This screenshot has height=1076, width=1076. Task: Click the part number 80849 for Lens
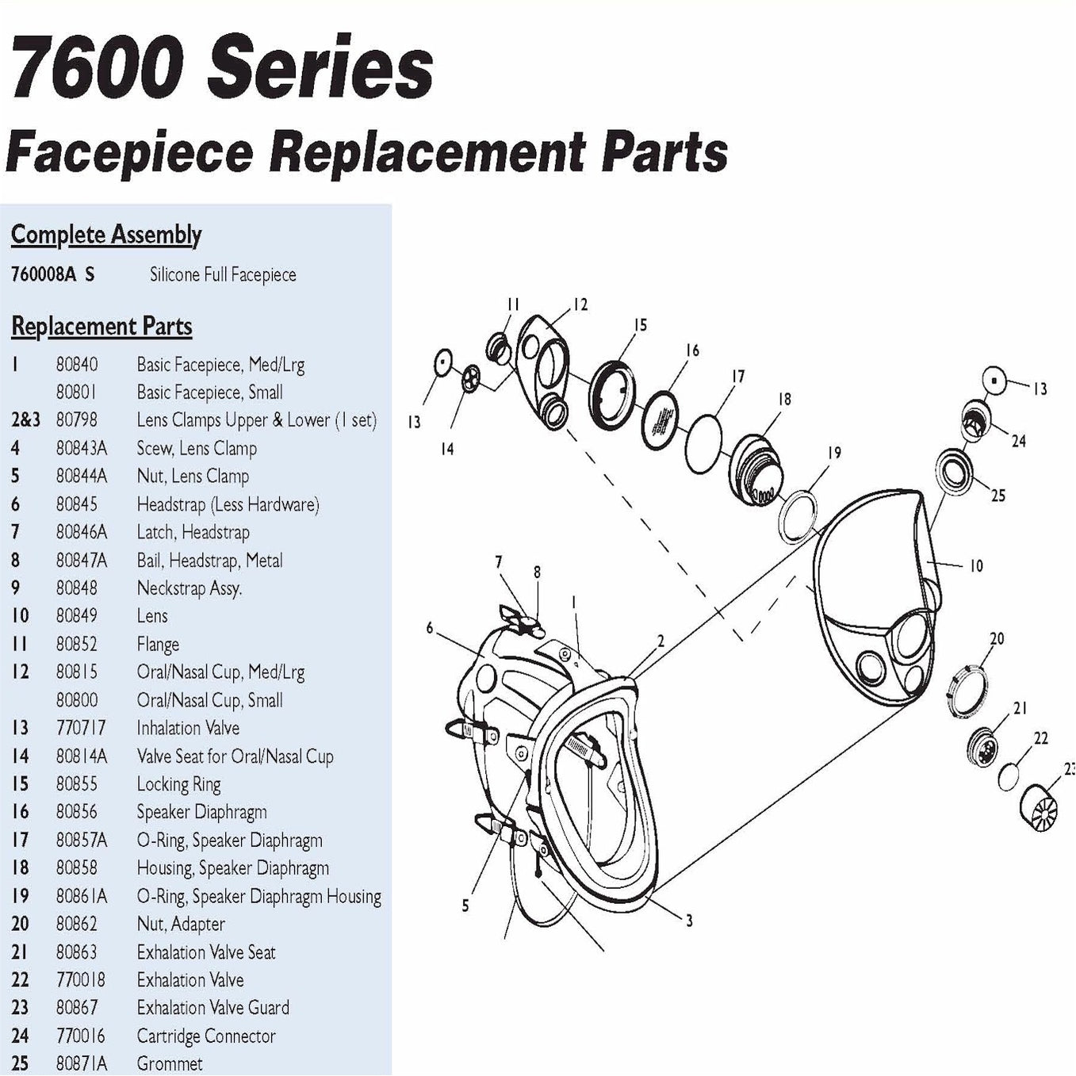pyautogui.click(x=77, y=616)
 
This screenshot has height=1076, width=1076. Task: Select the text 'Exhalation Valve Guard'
pyautogui.click(x=213, y=1008)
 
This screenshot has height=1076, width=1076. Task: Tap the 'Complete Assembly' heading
pyautogui.click(x=106, y=235)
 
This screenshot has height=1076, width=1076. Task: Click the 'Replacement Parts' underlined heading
pyautogui.click(x=101, y=327)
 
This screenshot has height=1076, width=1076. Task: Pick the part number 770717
pyautogui.click(x=81, y=728)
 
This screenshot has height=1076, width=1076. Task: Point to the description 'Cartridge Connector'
pyautogui.click(x=206, y=1036)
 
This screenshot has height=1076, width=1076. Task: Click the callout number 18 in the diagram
pyautogui.click(x=784, y=400)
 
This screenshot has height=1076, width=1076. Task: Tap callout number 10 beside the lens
pyautogui.click(x=976, y=565)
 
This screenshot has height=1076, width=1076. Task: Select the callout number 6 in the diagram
pyautogui.click(x=430, y=628)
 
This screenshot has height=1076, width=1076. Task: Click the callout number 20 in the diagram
pyautogui.click(x=997, y=638)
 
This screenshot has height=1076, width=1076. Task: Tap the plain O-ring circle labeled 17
pyautogui.click(x=704, y=446)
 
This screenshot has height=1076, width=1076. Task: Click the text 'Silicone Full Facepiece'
pyautogui.click(x=223, y=275)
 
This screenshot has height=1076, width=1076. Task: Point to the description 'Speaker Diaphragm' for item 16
pyautogui.click(x=201, y=812)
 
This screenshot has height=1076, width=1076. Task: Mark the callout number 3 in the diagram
pyautogui.click(x=689, y=921)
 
